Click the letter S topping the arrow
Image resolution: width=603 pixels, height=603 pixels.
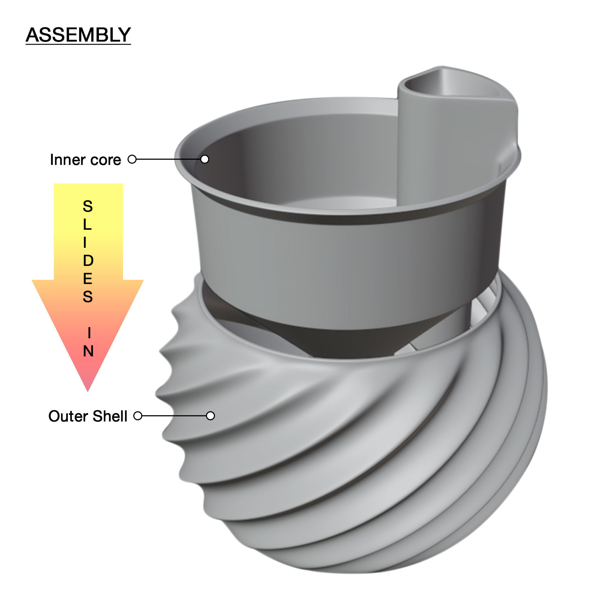[x=88, y=206]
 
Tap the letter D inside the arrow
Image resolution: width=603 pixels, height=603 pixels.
[x=88, y=260]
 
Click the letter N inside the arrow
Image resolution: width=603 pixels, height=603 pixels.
[x=88, y=351]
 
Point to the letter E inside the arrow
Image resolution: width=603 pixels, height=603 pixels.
[x=88, y=278]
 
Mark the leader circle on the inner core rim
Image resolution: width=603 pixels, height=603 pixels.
[x=205, y=159]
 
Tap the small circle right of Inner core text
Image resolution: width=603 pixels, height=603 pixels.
[x=132, y=159]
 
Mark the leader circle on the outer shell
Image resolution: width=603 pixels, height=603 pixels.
[x=211, y=416]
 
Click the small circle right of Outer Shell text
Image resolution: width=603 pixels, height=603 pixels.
[x=138, y=416]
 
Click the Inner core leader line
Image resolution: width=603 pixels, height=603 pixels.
[x=169, y=159]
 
